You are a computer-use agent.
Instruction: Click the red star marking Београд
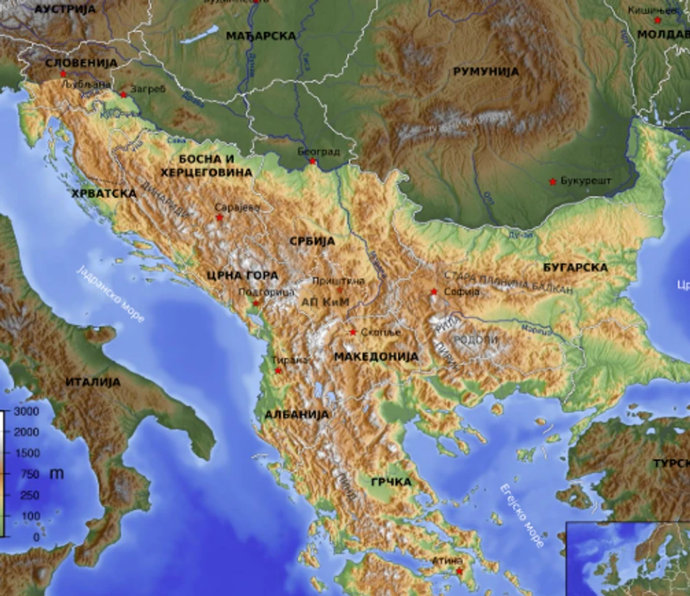click(x=312, y=161)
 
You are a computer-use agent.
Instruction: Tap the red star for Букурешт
click(x=553, y=181)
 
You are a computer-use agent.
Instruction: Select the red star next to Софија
click(x=434, y=292)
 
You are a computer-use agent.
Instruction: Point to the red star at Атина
click(x=459, y=570)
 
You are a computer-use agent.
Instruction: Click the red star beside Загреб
click(x=123, y=94)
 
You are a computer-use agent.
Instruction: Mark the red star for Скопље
click(x=353, y=332)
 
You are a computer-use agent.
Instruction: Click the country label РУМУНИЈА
click(x=486, y=72)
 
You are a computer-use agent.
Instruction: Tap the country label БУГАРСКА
click(x=575, y=267)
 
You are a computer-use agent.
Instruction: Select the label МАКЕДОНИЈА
click(x=376, y=357)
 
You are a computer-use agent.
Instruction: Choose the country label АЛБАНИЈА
click(x=296, y=415)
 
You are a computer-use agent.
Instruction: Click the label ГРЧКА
click(x=391, y=482)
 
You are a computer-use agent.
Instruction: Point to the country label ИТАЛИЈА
click(x=92, y=382)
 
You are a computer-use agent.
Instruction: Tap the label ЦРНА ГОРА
click(x=241, y=276)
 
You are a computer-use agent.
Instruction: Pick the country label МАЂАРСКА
click(x=261, y=35)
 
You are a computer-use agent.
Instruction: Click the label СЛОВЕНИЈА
click(x=81, y=63)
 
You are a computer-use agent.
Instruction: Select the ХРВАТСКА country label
click(x=103, y=193)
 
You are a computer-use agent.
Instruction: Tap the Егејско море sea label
click(x=522, y=516)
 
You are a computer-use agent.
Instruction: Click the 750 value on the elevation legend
click(x=30, y=474)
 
